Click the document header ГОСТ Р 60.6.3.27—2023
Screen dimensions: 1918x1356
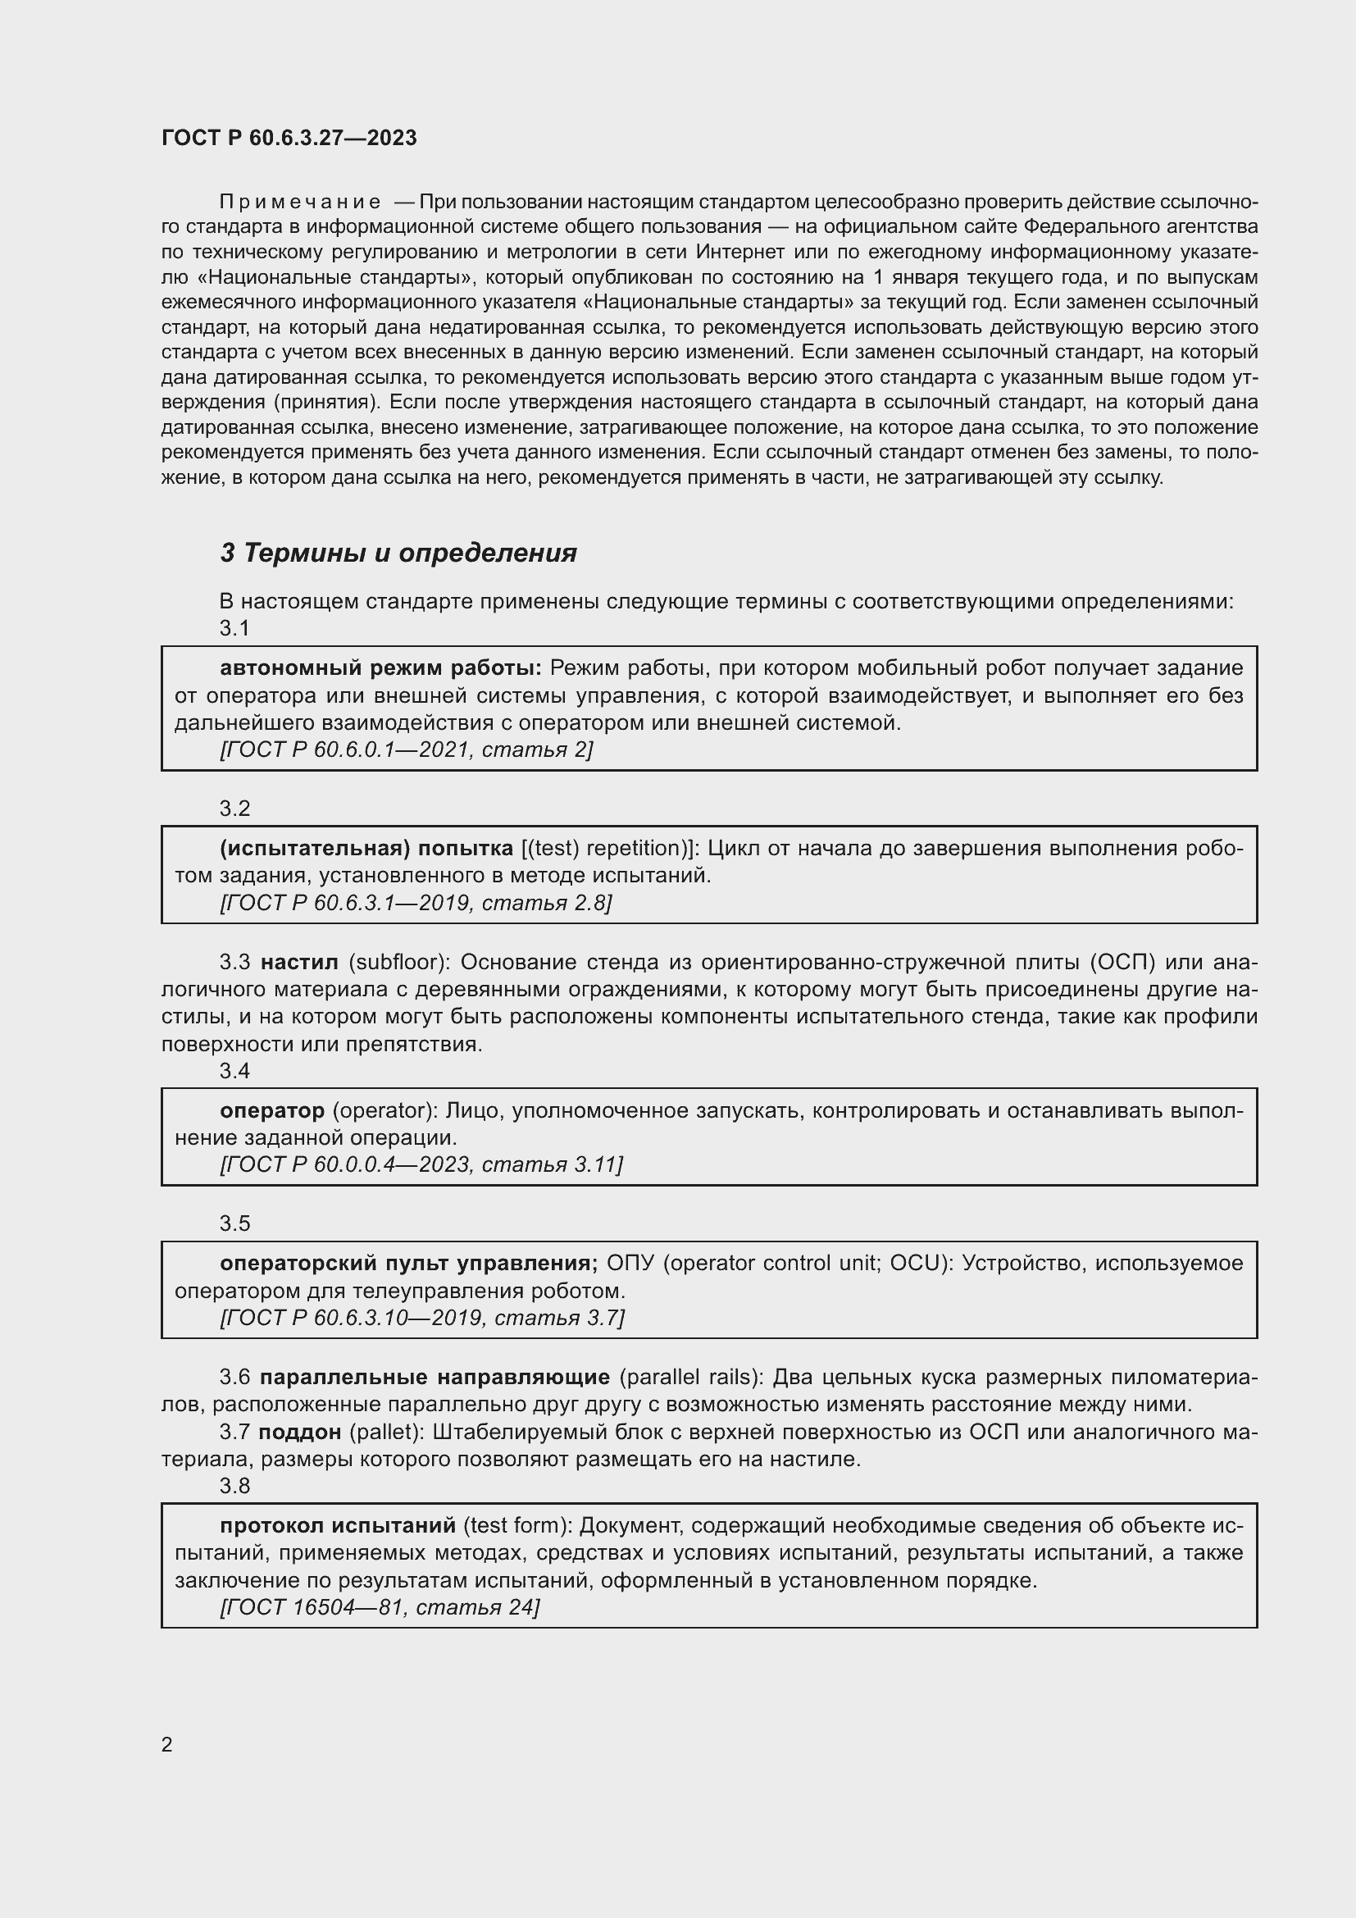(289, 138)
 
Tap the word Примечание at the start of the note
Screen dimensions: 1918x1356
(300, 203)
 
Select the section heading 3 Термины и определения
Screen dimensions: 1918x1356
(398, 553)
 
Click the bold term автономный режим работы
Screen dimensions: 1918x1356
(380, 668)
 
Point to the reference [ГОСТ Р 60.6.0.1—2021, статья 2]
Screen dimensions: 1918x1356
(407, 749)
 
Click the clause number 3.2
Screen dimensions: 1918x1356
(234, 809)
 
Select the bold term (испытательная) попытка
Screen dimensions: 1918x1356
(366, 849)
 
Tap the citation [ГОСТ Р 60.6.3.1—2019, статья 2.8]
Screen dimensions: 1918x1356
(416, 903)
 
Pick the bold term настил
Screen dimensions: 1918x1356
(299, 963)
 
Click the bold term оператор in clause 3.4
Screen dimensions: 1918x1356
(272, 1111)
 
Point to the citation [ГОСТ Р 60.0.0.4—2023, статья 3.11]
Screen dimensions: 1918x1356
(421, 1164)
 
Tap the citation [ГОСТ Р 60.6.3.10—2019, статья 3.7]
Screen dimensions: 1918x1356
(421, 1318)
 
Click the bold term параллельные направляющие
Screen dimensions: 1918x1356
(435, 1377)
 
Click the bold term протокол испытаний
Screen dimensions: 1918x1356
(337, 1525)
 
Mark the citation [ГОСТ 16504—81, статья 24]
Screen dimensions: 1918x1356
(380, 1606)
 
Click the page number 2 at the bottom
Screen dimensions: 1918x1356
(167, 1744)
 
